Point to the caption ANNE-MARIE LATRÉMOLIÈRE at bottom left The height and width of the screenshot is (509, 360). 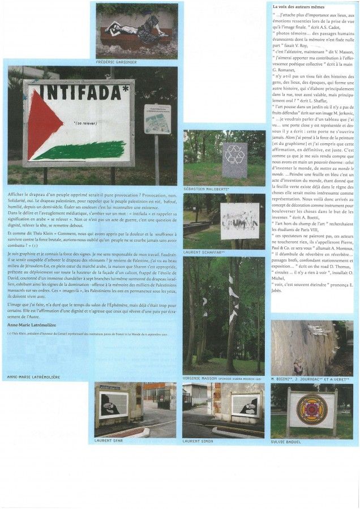pos(32,377)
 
